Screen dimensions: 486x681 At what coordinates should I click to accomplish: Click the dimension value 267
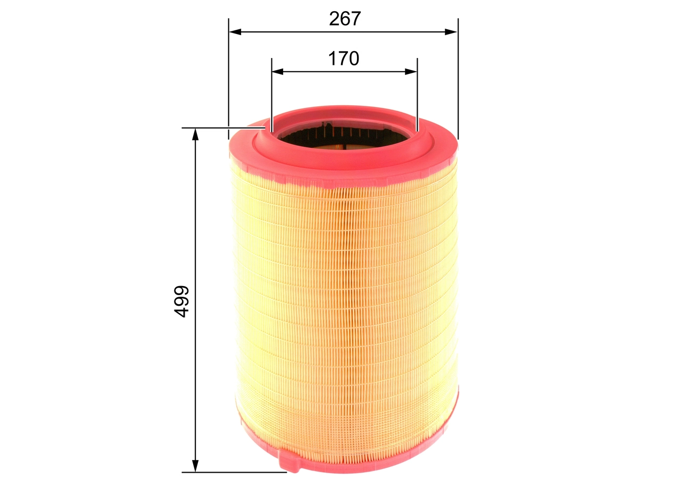344,19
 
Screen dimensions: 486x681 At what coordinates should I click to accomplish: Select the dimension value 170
343,58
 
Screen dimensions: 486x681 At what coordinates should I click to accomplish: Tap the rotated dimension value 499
182,301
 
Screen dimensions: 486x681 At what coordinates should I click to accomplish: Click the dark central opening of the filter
343,139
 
